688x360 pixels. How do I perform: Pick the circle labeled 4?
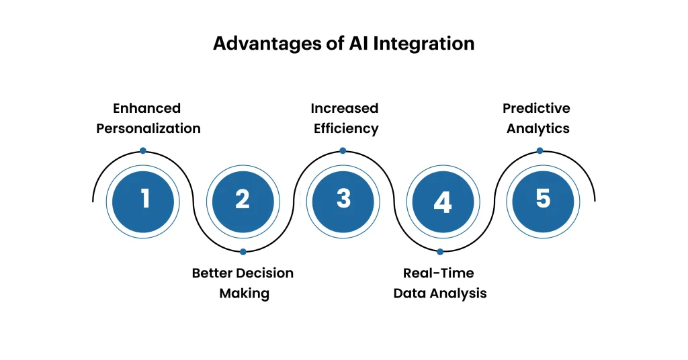coord(442,201)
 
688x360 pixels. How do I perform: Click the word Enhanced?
coord(146,108)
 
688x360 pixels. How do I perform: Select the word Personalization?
coord(148,128)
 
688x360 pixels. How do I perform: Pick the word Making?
coord(244,294)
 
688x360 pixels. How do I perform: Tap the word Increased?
coord(344,108)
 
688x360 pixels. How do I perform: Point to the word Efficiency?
coord(346,128)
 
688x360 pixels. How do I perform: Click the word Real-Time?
coord(438,273)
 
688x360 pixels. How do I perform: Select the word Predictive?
coord(536,108)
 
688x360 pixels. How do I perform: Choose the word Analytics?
coord(537,128)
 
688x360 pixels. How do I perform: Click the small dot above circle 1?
coord(143,151)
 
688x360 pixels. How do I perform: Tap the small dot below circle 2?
coord(243,252)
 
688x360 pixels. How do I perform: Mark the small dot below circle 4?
coord(440,252)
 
